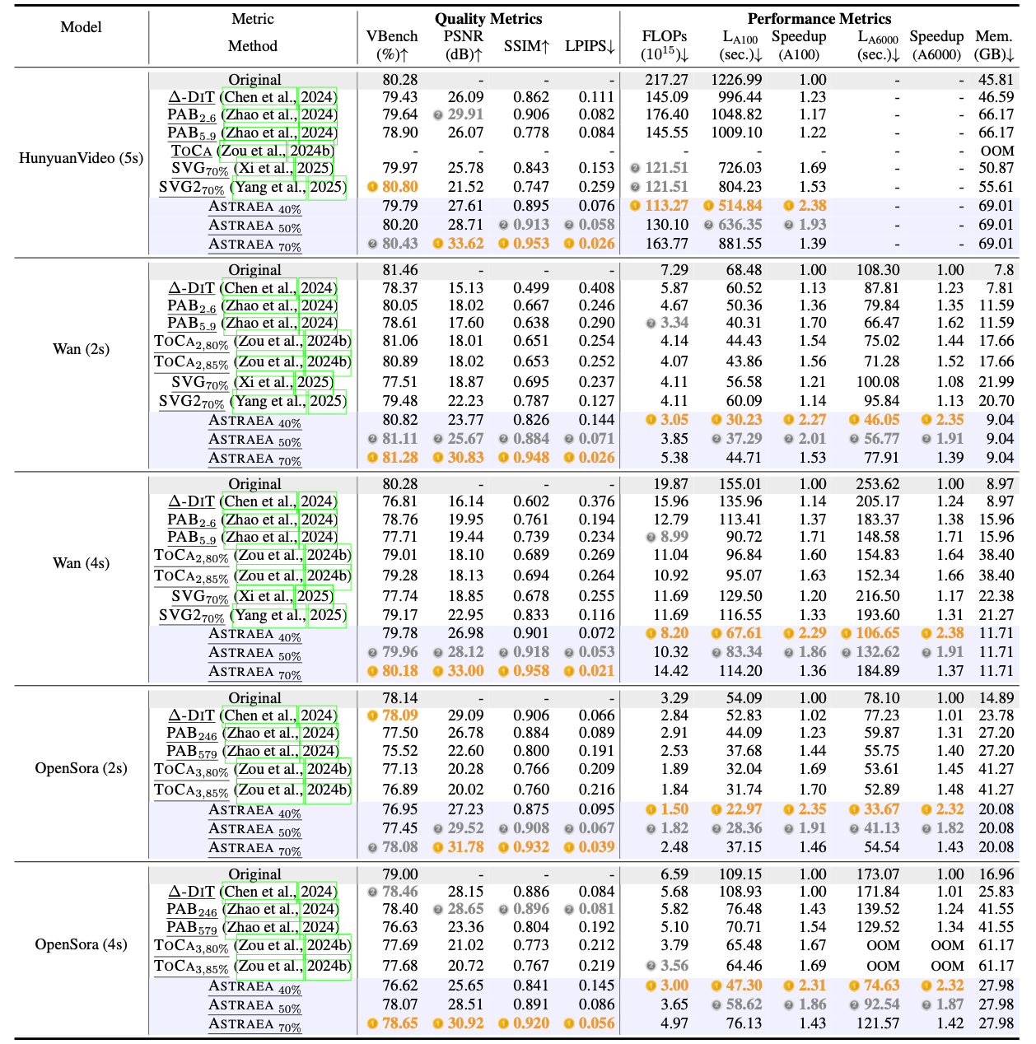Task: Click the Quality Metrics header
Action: (488, 18)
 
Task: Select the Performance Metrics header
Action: (819, 18)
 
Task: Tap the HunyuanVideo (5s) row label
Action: (81, 157)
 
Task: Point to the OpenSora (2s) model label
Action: (81, 768)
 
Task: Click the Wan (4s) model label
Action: (81, 563)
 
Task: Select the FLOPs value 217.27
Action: (666, 80)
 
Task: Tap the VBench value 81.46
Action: (400, 270)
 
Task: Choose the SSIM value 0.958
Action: (531, 671)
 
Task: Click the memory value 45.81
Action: (996, 80)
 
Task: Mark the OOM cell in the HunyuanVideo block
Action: (997, 151)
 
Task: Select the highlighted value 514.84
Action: (740, 206)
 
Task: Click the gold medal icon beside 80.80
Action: (372, 187)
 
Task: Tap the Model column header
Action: (81, 27)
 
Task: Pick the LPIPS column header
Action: (590, 46)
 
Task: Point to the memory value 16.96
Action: (996, 874)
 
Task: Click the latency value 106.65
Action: (877, 633)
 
